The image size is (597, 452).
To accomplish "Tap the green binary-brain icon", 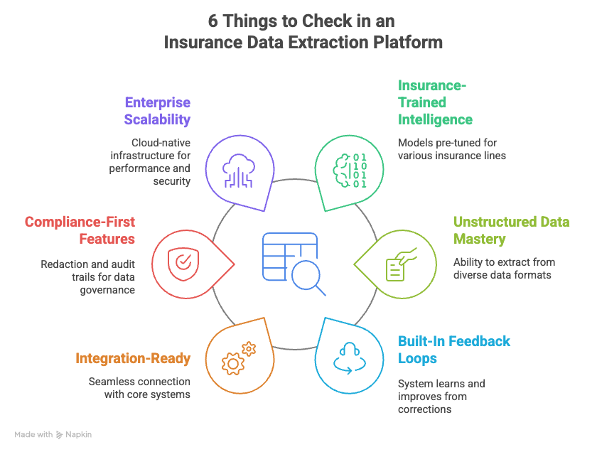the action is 350,169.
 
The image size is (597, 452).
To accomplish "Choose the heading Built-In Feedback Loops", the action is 453,350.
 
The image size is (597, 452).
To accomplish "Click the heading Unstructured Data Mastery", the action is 511,230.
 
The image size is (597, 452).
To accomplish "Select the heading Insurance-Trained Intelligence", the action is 435,102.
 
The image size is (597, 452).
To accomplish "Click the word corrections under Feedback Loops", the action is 424,409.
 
